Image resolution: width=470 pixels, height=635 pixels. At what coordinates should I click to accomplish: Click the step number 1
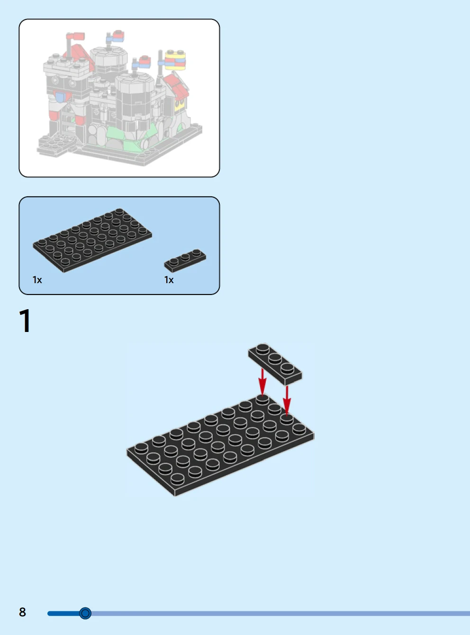pos(25,321)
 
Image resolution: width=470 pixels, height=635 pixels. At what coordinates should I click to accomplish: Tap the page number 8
pos(22,612)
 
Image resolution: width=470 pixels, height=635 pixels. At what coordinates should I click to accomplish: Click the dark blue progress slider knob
pos(85,613)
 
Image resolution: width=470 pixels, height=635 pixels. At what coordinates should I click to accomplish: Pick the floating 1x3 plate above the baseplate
pos(275,364)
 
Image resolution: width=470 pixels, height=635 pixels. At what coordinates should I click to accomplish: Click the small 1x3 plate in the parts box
pos(185,260)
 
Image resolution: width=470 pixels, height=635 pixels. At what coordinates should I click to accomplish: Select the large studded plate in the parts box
pos(92,240)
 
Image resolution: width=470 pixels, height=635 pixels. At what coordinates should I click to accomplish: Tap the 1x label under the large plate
pos(37,280)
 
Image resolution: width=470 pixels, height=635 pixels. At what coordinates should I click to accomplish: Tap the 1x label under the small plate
pos(169,280)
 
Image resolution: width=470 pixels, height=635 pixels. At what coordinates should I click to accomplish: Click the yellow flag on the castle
pos(175,60)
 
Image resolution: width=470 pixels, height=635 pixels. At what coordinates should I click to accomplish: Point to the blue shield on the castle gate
pos(60,97)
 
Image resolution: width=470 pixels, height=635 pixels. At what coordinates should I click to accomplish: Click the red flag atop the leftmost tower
pos(75,37)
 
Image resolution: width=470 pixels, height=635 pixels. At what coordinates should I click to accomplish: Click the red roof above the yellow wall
pos(177,86)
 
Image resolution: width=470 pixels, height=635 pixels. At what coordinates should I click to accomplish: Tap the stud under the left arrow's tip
pos(262,399)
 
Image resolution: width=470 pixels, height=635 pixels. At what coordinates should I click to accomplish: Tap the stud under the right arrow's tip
pos(287,419)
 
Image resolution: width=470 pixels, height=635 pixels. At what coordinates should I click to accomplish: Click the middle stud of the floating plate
pos(275,358)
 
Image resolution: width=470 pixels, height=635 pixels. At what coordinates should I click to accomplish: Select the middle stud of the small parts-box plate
pos(185,257)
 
